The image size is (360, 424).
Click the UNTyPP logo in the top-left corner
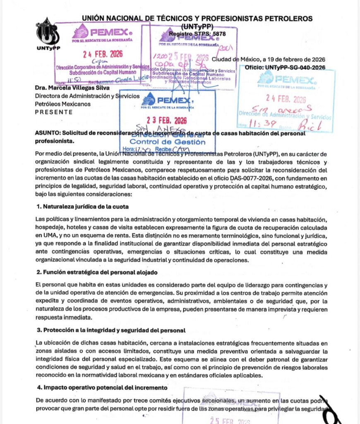pyautogui.click(x=47, y=33)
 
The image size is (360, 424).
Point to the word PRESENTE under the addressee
pyautogui.click(x=53, y=112)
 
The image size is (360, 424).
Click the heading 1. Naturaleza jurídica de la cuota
pyautogui.click(x=83, y=206)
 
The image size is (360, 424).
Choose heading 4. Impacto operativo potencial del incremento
pyautogui.click(x=102, y=388)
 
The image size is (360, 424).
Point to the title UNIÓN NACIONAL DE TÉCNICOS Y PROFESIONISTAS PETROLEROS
pyautogui.click(x=197, y=19)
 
